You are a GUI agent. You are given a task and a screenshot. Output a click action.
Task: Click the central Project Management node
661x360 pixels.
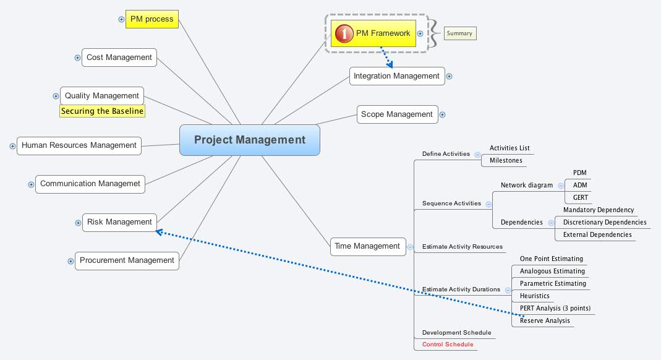(x=249, y=140)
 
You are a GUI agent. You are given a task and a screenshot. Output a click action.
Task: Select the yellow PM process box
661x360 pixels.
(x=151, y=19)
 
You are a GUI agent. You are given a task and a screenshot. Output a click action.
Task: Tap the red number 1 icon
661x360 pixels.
(x=344, y=33)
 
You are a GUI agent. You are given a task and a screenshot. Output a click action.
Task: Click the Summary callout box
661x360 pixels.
(x=459, y=33)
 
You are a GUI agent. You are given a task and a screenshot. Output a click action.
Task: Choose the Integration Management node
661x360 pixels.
(x=396, y=76)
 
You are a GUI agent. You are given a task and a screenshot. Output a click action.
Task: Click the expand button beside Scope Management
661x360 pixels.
(x=442, y=114)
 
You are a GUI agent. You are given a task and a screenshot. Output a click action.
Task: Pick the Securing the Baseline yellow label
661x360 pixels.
(x=102, y=111)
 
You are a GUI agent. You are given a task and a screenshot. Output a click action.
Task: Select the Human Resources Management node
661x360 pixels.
(x=79, y=145)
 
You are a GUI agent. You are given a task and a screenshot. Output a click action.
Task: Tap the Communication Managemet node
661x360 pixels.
(x=90, y=184)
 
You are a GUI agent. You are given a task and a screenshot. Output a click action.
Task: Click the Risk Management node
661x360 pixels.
(x=119, y=222)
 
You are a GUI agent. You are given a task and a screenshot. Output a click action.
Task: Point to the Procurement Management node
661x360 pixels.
(x=127, y=260)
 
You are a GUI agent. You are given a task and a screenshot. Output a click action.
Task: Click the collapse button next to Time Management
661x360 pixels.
(x=410, y=247)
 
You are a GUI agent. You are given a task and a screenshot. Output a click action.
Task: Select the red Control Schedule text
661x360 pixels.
(x=448, y=345)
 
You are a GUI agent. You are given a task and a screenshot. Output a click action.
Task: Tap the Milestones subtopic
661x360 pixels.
(x=506, y=161)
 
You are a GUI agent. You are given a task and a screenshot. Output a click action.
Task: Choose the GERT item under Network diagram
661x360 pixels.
(x=581, y=197)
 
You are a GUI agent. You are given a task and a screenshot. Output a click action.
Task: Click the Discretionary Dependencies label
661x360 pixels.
(x=604, y=223)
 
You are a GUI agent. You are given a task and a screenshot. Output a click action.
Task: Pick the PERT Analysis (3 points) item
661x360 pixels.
(x=555, y=308)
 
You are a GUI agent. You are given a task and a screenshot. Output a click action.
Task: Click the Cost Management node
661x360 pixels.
(x=119, y=58)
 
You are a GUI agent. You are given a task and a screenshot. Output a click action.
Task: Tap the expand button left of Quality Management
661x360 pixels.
(x=56, y=96)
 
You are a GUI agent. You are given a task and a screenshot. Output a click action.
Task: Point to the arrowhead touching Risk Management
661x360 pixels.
(x=159, y=233)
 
